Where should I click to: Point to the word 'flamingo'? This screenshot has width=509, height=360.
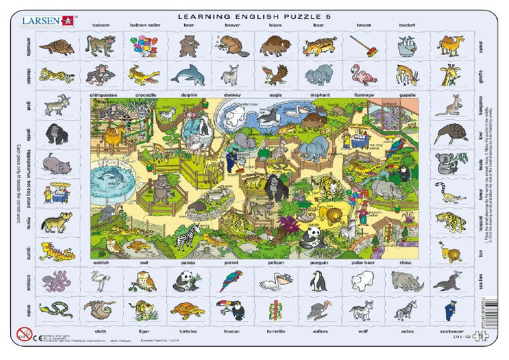[363, 95]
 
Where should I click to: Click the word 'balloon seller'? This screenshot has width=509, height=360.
[141, 25]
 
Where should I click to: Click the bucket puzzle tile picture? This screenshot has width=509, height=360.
[407, 46]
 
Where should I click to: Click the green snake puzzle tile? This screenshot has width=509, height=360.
[56, 310]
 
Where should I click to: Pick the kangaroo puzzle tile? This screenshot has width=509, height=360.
[451, 104]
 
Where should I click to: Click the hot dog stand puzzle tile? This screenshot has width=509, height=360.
[56, 192]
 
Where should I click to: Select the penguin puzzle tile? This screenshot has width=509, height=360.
[318, 280]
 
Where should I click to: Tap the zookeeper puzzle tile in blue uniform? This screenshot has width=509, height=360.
[451, 310]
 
